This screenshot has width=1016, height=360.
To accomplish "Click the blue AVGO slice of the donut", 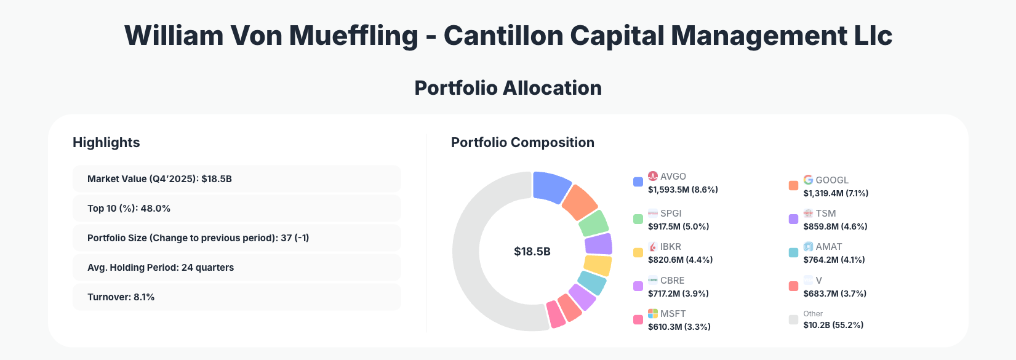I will (551, 186).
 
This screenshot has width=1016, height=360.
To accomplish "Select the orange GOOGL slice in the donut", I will (579, 202).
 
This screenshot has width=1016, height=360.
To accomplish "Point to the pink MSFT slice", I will (556, 314).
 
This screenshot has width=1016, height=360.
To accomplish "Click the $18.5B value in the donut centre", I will (532, 252).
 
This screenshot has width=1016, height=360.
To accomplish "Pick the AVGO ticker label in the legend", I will (673, 176).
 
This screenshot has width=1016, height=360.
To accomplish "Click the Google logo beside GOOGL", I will (808, 180).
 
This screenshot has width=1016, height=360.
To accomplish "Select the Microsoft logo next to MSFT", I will (653, 314).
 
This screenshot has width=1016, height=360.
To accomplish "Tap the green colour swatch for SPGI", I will (638, 219).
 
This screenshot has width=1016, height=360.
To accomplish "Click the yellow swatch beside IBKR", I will (638, 252).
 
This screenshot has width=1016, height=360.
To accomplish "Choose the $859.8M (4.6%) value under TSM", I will (835, 226).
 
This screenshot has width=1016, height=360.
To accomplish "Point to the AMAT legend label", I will (828, 247).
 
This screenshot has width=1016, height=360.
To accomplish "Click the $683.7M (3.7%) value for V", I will (834, 294).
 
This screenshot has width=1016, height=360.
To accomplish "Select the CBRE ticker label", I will (672, 280).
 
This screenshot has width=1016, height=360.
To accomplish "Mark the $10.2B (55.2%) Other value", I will (833, 325).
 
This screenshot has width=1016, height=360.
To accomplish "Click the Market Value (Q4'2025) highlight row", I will (236, 178).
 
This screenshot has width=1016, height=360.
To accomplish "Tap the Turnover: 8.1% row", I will (236, 297).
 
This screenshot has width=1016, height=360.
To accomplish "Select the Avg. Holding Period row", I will (236, 267).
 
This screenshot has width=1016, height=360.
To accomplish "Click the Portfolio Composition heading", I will (522, 142).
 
